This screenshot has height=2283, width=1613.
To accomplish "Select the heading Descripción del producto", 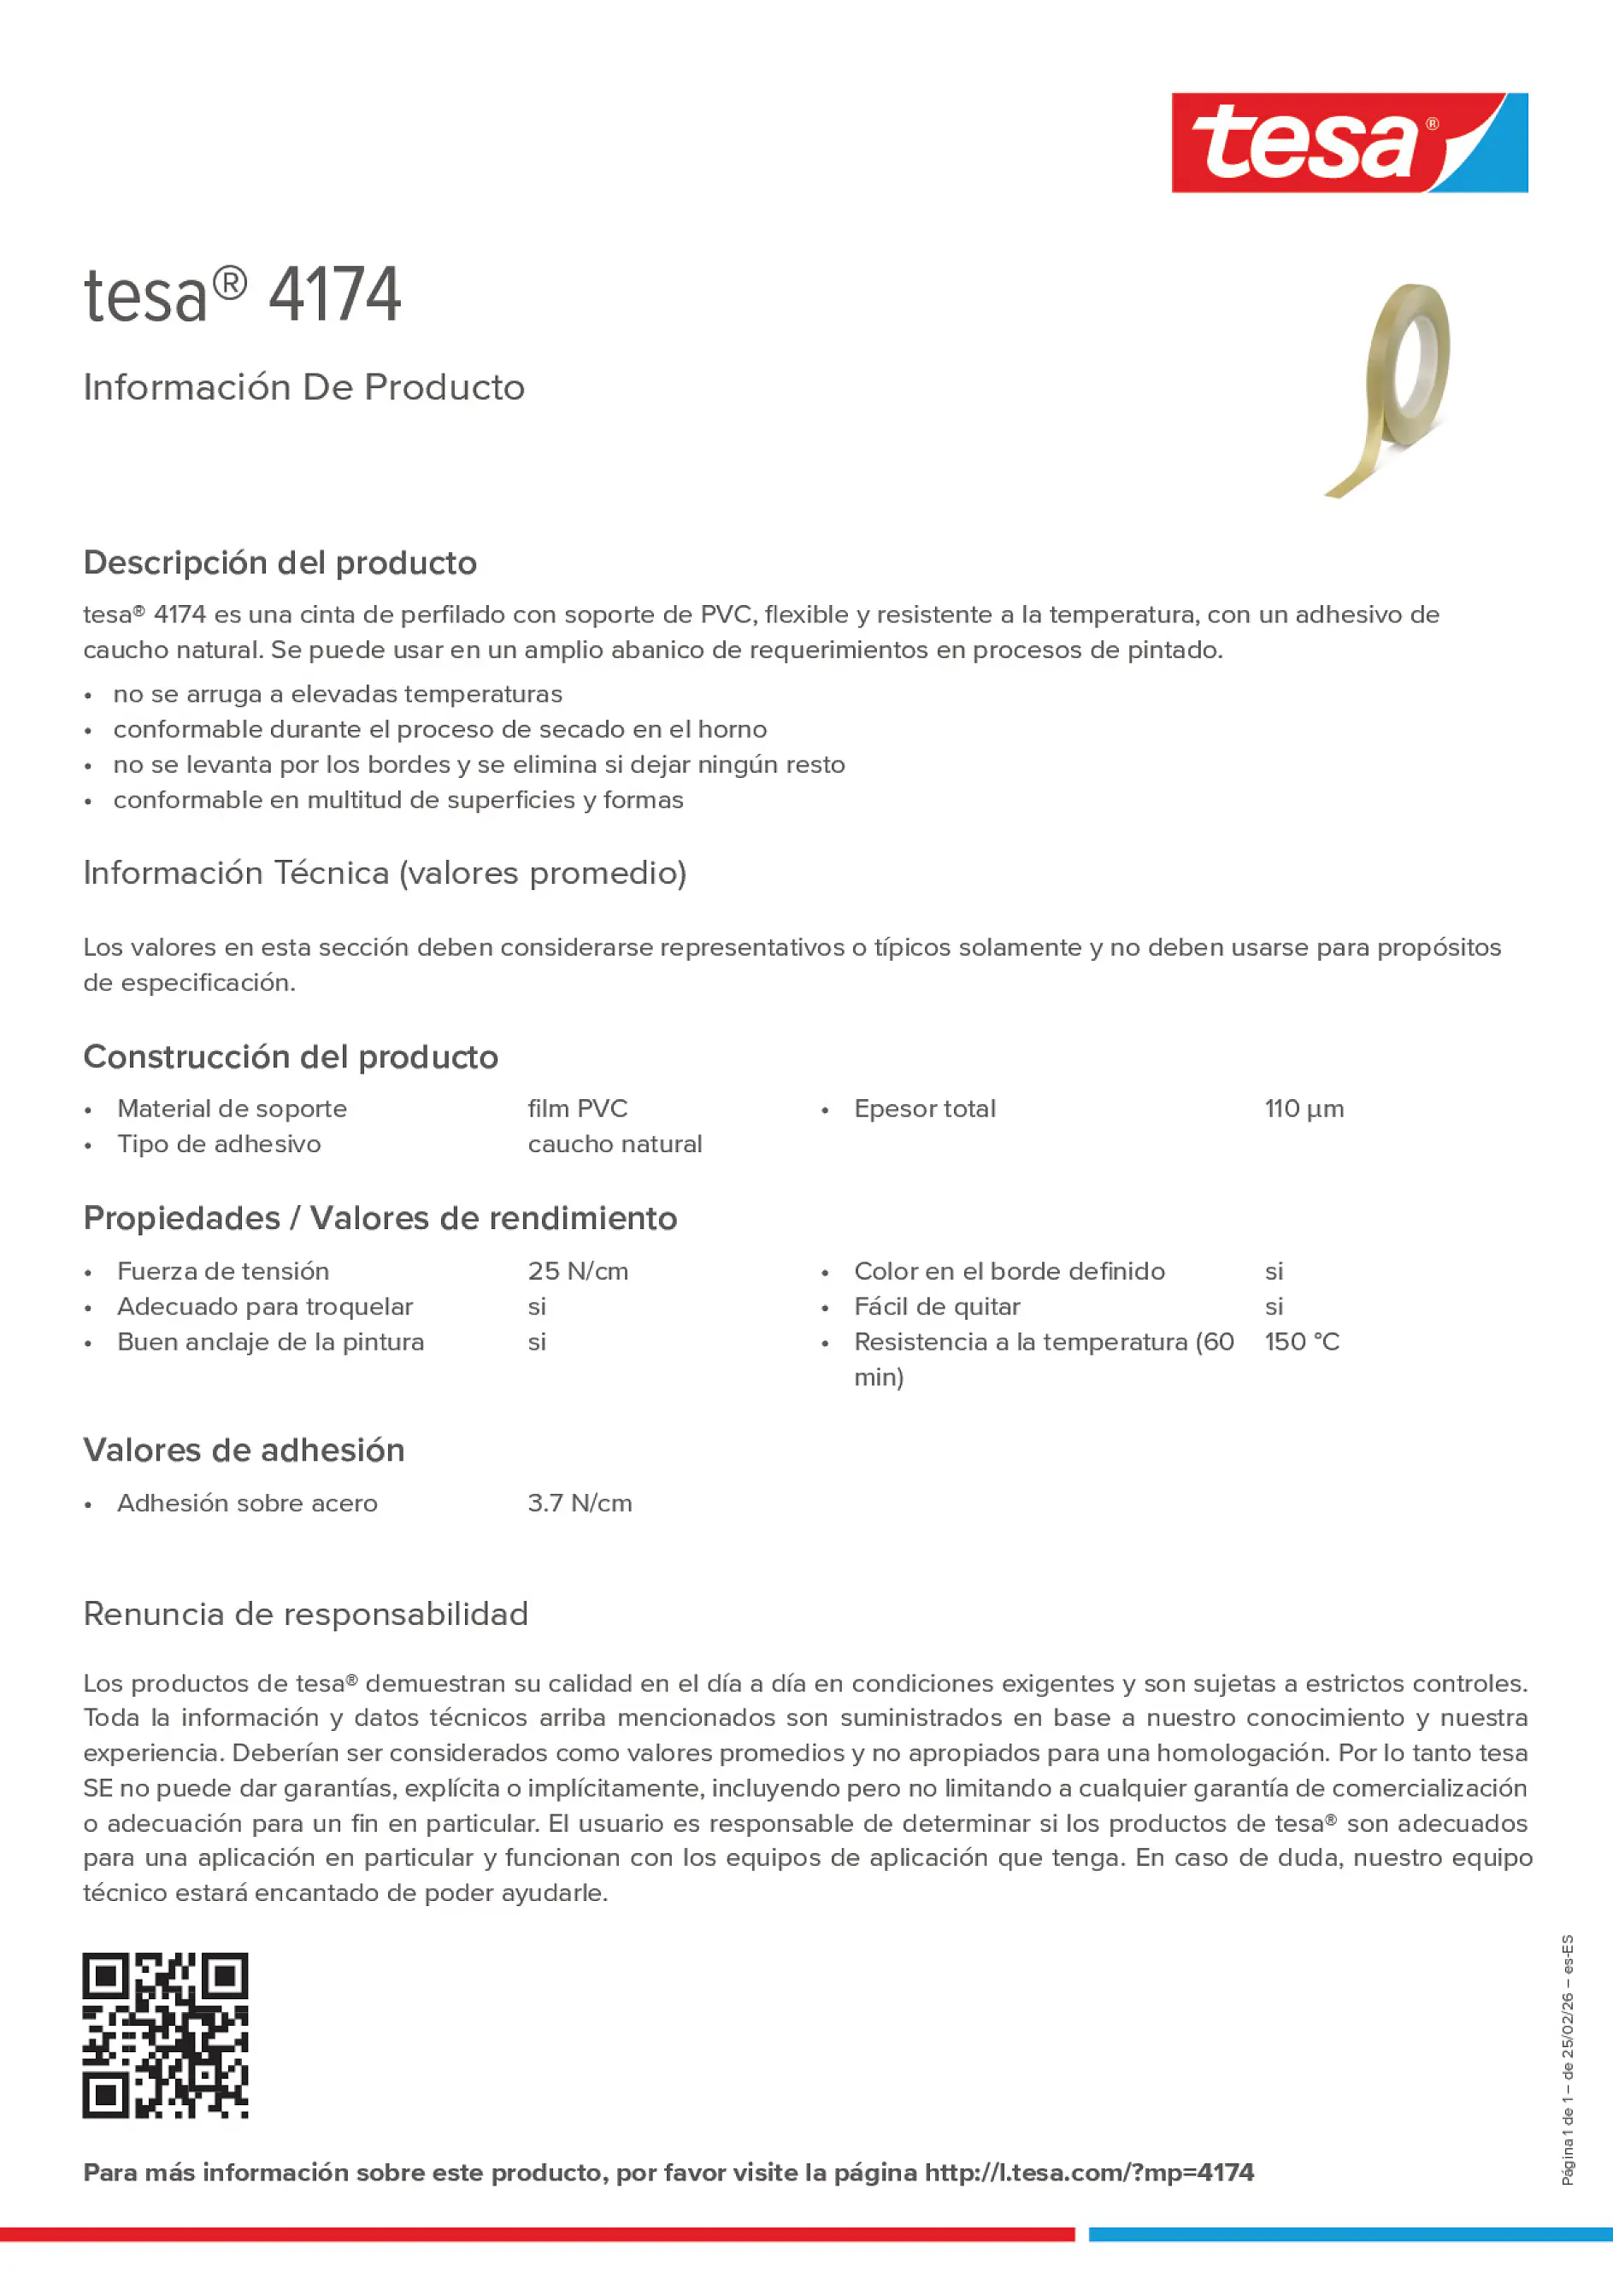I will tap(280, 562).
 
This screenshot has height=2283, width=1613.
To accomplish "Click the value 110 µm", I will tap(1304, 1109).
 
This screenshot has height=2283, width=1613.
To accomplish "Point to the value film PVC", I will tap(577, 1109).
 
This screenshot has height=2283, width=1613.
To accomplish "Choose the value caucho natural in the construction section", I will tap(615, 1144).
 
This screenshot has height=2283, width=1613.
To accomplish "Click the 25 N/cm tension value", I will tap(578, 1271).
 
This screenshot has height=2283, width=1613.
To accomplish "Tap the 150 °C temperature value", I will tap(1302, 1342).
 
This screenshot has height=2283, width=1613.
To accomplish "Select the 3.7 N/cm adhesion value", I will tap(580, 1503).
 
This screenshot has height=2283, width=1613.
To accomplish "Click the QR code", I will tap(165, 2035).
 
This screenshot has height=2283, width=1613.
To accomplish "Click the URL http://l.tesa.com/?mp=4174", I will tap(1089, 2173).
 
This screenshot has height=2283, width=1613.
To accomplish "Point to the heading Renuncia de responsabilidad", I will tap(305, 1614).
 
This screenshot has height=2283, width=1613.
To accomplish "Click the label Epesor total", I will tap(924, 1109).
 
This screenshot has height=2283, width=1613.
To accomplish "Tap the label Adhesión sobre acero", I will tap(247, 1503).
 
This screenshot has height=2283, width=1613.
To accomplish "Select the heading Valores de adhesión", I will tap(244, 1450).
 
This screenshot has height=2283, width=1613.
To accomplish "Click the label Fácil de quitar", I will tap(937, 1307).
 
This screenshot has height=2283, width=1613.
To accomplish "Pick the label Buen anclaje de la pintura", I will tap(270, 1342).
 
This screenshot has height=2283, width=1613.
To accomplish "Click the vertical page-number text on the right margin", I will tap(1569, 2059).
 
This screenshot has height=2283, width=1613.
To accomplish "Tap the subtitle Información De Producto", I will tap(303, 387).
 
